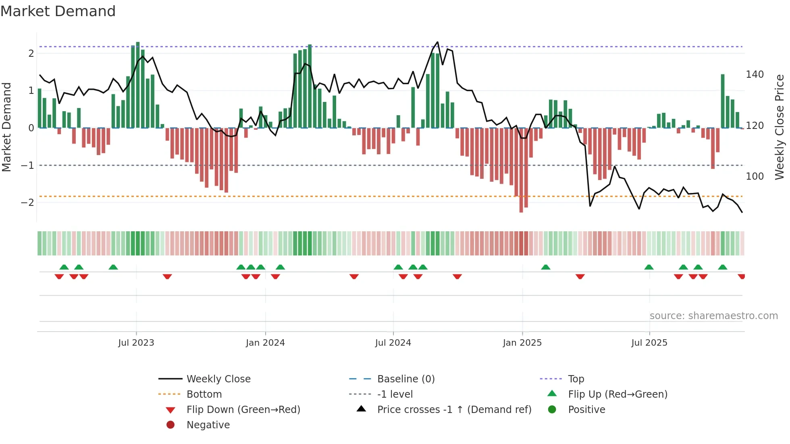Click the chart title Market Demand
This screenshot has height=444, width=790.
[x=58, y=11]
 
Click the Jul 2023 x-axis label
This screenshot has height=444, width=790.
[x=136, y=343]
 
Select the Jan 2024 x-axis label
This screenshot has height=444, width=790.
[x=265, y=343]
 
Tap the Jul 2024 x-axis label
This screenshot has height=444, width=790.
[x=393, y=343]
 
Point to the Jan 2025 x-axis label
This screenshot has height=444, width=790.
[x=522, y=343]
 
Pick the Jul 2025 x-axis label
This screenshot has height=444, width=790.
[x=649, y=343]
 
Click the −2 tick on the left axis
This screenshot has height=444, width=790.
[x=27, y=202]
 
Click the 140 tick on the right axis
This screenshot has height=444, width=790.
[x=755, y=75]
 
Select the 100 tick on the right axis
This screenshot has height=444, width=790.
[x=755, y=176]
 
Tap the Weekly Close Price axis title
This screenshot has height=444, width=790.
[x=780, y=127]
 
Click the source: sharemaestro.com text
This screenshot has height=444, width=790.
[x=713, y=316]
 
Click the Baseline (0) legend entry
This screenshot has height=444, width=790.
[x=406, y=379]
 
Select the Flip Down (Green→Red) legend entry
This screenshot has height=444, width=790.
[x=243, y=410]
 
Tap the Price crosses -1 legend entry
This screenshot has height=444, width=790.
[x=454, y=410]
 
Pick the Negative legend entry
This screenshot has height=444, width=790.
[x=208, y=425]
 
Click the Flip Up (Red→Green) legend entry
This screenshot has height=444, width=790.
[x=617, y=394]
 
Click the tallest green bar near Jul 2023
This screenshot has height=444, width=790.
[x=138, y=85]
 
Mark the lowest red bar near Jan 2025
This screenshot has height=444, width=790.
[x=521, y=169]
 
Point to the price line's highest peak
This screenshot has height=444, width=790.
[x=438, y=42]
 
